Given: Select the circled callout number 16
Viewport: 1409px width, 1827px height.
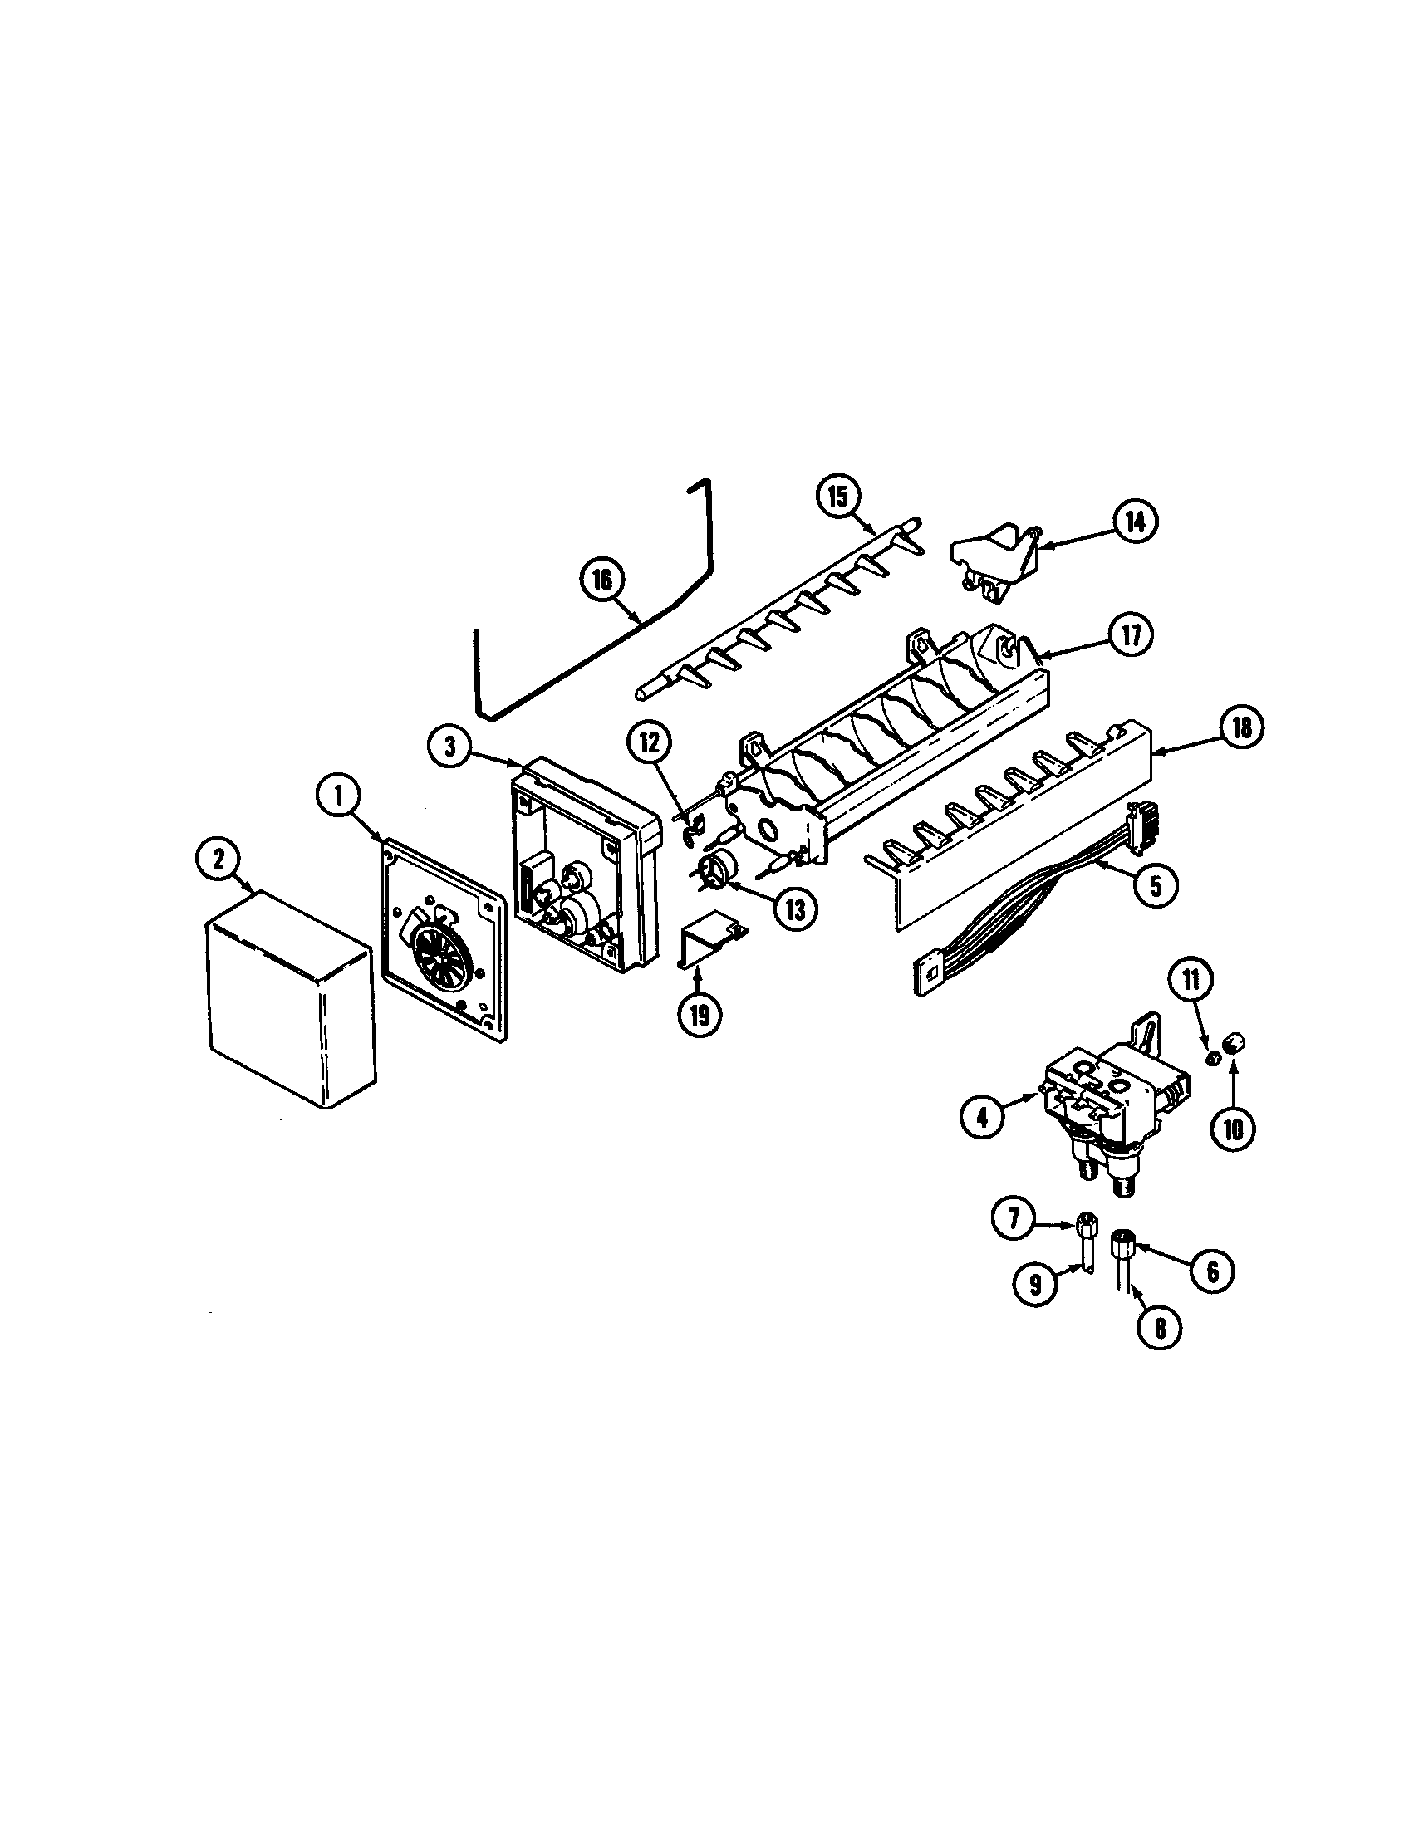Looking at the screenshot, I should [x=603, y=580].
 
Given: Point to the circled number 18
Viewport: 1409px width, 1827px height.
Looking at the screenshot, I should [x=1241, y=727].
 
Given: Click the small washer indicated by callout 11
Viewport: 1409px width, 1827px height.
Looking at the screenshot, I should [x=1211, y=1059].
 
